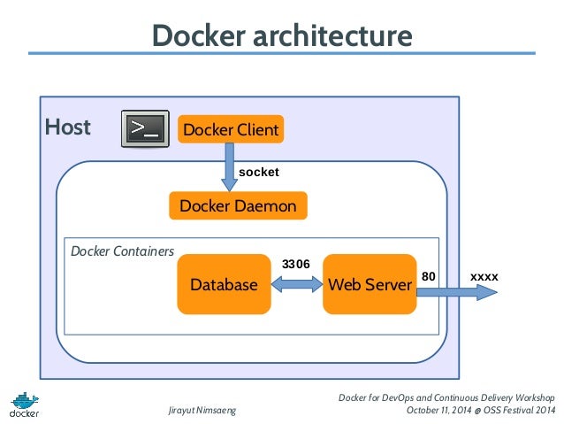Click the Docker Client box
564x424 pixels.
(x=231, y=130)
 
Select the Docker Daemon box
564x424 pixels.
(x=238, y=206)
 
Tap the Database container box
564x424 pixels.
(x=224, y=284)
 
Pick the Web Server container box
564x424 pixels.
(x=370, y=284)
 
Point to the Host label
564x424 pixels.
(x=68, y=127)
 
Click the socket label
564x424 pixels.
(x=259, y=172)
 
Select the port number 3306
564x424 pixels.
(x=295, y=264)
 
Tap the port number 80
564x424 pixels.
(x=429, y=277)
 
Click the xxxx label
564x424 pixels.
(x=484, y=277)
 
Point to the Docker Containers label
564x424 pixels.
(x=122, y=251)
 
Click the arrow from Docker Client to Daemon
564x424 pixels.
(x=230, y=169)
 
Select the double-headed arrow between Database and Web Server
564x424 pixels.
(x=297, y=284)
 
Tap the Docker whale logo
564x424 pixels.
(x=25, y=403)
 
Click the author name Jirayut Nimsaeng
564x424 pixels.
(x=202, y=410)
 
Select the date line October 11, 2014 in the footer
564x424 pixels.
(x=480, y=410)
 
